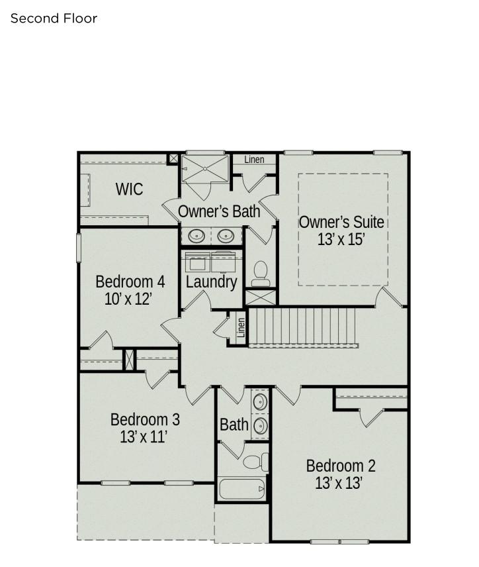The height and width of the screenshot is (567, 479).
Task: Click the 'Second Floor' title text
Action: (x=54, y=19)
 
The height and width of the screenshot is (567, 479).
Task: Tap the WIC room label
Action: (x=129, y=189)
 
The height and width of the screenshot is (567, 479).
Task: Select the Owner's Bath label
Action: (x=219, y=211)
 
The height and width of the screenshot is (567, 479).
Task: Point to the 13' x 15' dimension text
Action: (x=341, y=239)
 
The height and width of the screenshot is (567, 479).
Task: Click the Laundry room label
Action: (x=211, y=282)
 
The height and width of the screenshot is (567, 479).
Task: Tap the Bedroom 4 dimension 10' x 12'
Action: (x=128, y=299)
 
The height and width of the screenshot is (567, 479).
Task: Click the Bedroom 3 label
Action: (x=145, y=419)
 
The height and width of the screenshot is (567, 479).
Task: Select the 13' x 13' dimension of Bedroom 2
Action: (x=339, y=483)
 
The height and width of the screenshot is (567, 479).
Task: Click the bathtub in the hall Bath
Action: (x=242, y=490)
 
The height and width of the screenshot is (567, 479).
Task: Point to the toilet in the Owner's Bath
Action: (x=261, y=274)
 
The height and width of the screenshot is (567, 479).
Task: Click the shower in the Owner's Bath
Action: (x=205, y=169)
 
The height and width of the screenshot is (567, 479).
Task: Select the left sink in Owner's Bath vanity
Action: (x=196, y=236)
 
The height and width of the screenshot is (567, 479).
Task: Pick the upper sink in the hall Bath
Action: (x=260, y=402)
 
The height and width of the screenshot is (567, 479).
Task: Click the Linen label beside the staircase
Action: (x=241, y=327)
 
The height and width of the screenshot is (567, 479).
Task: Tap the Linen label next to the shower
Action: (x=254, y=160)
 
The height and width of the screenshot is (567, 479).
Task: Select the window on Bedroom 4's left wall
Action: (x=78, y=248)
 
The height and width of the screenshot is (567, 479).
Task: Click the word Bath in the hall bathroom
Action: (x=234, y=425)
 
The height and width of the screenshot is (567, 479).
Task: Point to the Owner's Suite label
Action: (x=341, y=222)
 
